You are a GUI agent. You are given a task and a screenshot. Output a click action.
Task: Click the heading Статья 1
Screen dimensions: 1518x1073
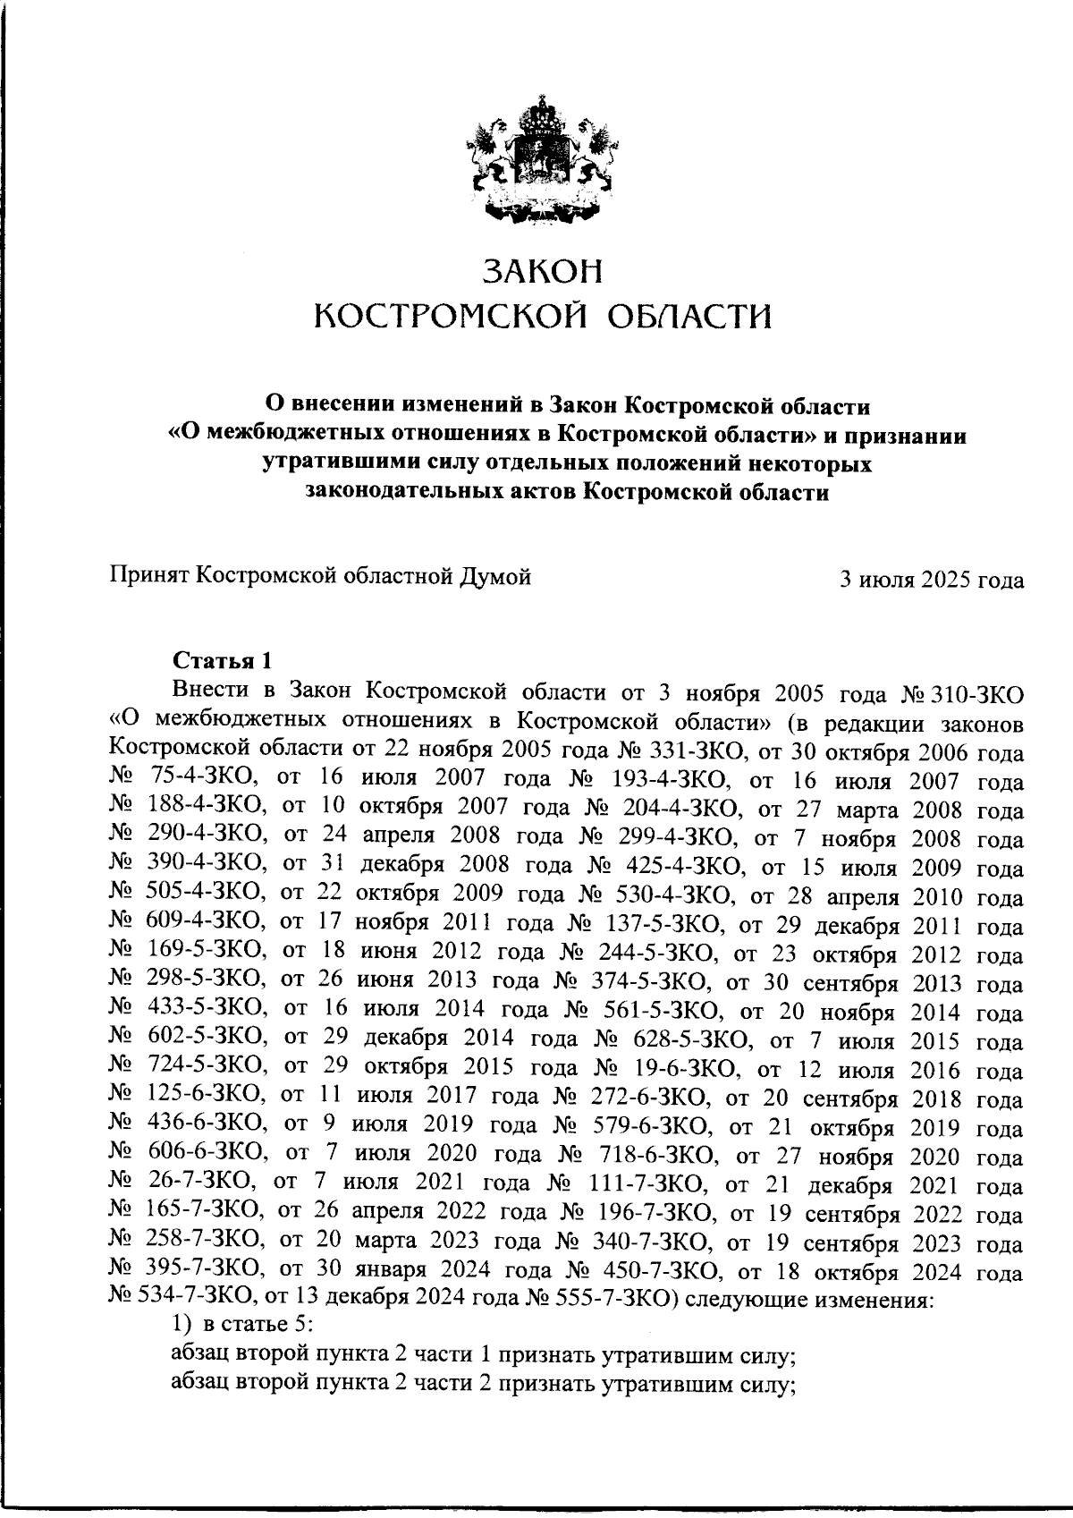tap(221, 661)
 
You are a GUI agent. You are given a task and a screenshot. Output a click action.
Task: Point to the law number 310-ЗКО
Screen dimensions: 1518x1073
tap(977, 693)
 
